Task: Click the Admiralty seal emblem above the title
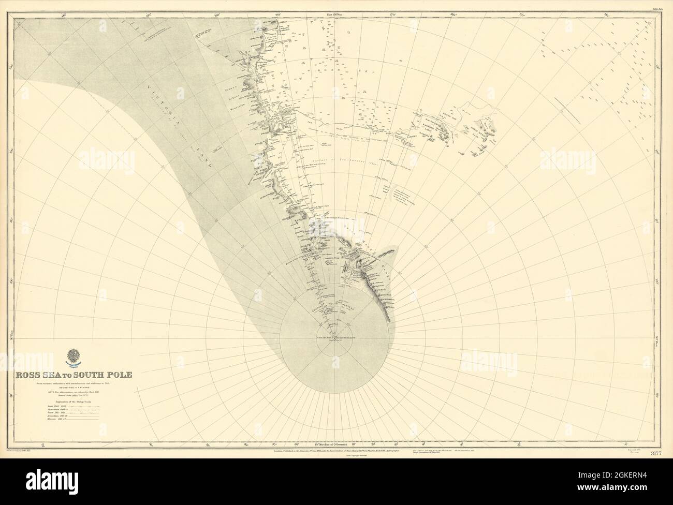point(74,358)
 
